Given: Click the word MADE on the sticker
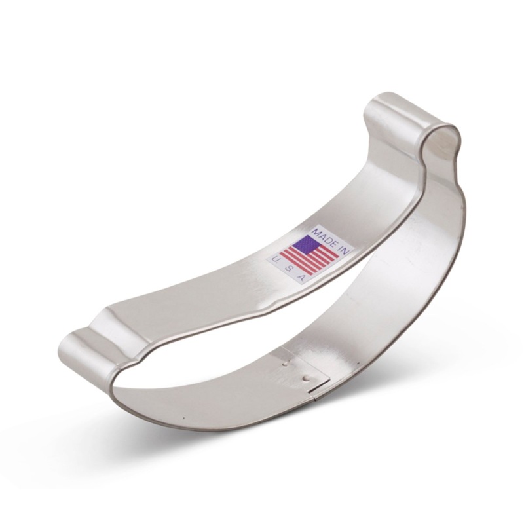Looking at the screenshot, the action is [322, 235].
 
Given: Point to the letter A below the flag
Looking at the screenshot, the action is [301, 278].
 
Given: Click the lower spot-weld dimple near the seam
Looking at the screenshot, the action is [306, 378].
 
